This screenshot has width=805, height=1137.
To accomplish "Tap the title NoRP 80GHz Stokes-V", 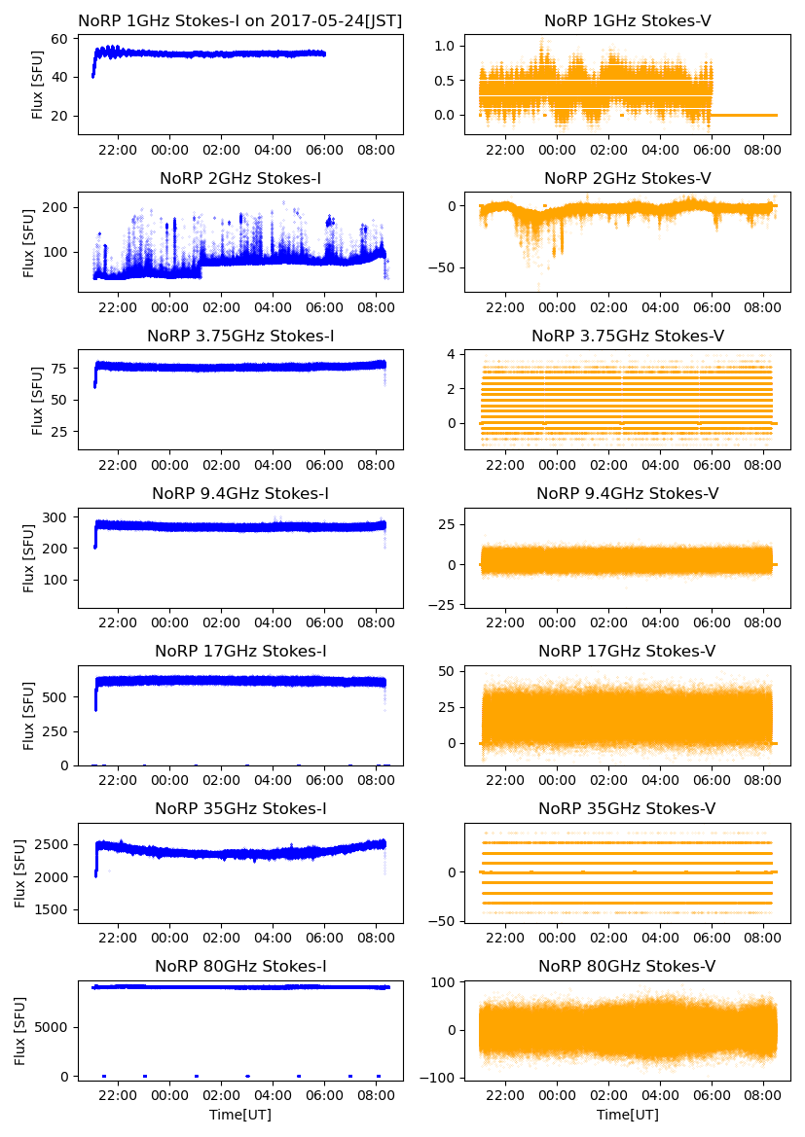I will pyautogui.click(x=627, y=966).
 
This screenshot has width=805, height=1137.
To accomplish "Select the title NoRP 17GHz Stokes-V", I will pyautogui.click(x=627, y=651).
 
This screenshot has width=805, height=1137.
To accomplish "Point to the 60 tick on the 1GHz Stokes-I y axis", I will pyautogui.click(x=61, y=39).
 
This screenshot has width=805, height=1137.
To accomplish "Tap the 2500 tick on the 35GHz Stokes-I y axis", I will pyautogui.click(x=54, y=843).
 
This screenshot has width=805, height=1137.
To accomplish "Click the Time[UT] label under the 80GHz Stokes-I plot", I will pyautogui.click(x=240, y=1115).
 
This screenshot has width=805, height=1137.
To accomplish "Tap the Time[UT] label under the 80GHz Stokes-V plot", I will pyautogui.click(x=627, y=1115).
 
